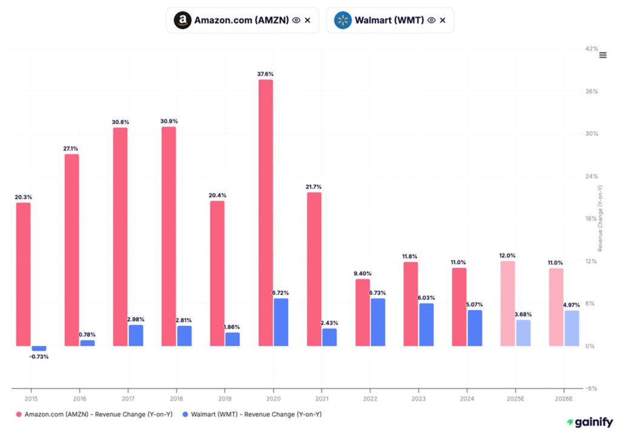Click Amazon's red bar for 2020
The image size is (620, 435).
click(265, 212)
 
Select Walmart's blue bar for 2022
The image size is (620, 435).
click(378, 322)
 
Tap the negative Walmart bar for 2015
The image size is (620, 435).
click(39, 348)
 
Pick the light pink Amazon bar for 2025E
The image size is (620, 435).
click(507, 304)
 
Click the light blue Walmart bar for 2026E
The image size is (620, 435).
click(572, 328)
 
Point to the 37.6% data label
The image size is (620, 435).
click(265, 74)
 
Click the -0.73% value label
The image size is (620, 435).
click(39, 357)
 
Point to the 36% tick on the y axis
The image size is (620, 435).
click(592, 91)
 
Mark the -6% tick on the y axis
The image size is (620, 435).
click(592, 389)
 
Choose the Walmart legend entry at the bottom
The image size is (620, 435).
click(254, 414)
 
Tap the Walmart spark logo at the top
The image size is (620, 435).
click(343, 20)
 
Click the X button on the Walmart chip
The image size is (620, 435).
click(443, 20)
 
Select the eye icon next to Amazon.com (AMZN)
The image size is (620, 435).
click(296, 20)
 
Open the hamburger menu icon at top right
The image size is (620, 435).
click(602, 55)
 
